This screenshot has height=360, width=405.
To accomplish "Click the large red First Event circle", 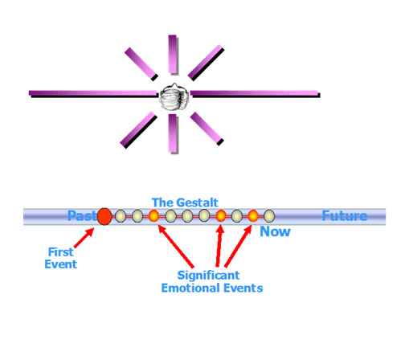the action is point(104,216).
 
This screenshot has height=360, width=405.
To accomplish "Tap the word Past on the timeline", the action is point(82,215).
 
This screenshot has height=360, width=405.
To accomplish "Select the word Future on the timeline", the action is point(345,215).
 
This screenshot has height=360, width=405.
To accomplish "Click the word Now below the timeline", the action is point(275,231).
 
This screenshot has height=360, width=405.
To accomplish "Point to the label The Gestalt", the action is point(185,202).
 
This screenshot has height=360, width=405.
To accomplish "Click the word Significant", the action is point(208,276).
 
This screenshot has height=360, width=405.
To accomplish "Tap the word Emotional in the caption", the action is point(191,288).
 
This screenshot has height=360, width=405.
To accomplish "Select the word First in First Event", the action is point(60,252).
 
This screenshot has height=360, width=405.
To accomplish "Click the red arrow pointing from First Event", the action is point(84,238).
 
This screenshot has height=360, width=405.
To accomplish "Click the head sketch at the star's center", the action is point(174,97).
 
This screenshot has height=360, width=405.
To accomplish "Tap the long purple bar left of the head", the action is point(94,94).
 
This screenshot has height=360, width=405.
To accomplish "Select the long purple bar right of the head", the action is point(255,94).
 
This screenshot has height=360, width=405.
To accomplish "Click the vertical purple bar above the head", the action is point(173,55).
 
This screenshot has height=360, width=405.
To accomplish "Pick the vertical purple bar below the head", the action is point(173,134).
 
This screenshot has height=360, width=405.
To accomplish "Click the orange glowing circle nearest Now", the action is point(253,216).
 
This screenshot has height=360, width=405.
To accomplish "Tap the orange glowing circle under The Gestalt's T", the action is point(153,216).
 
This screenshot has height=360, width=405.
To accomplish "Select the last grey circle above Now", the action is point(269,216).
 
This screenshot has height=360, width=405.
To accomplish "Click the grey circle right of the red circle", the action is point(121,216).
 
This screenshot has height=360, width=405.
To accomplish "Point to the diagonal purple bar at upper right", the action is point(206,63).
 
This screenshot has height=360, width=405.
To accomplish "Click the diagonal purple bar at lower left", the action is point(138,130).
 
